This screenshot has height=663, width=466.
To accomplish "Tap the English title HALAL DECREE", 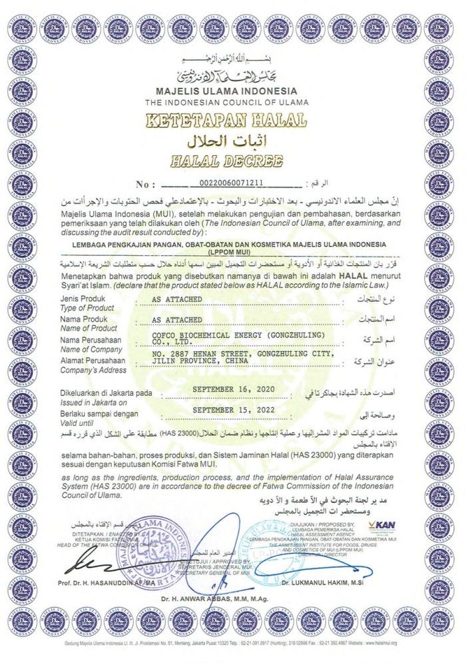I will [x=226, y=161].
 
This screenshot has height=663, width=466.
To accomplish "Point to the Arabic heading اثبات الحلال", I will [x=226, y=141].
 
